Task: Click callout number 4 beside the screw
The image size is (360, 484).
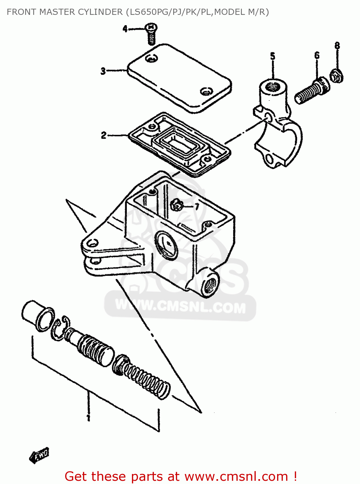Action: click(x=125, y=29)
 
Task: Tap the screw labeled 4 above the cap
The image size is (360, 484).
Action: click(x=151, y=33)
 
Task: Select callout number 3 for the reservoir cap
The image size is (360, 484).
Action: click(x=103, y=71)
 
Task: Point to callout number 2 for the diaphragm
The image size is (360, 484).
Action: click(x=104, y=135)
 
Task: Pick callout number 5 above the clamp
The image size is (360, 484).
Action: click(x=273, y=56)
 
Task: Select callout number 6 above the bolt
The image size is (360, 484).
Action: click(x=317, y=55)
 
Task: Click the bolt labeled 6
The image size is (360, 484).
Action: click(x=312, y=91)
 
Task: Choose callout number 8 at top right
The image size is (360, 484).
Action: click(x=337, y=45)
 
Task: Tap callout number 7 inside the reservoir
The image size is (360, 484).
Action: click(x=197, y=207)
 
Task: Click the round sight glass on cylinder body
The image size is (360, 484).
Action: click(x=166, y=245)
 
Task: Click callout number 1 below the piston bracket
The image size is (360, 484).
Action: click(x=88, y=418)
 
